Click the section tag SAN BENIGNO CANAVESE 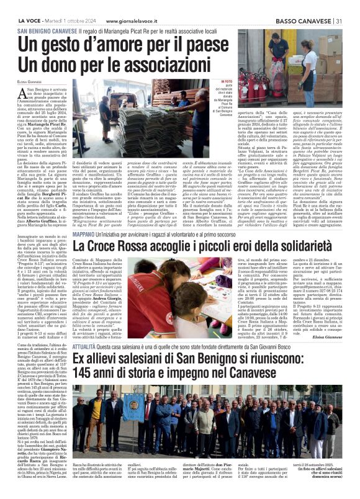44,30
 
